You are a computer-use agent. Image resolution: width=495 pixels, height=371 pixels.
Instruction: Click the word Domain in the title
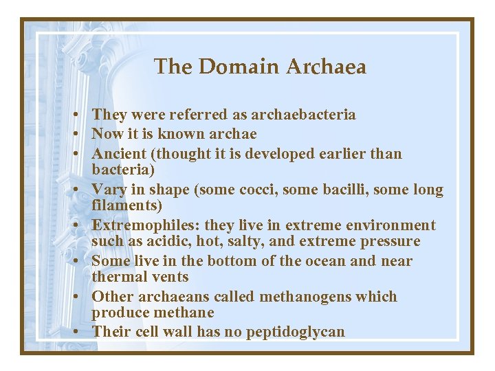coord(239,67)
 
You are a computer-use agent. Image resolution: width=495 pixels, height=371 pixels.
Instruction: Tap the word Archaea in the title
coord(326,67)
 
